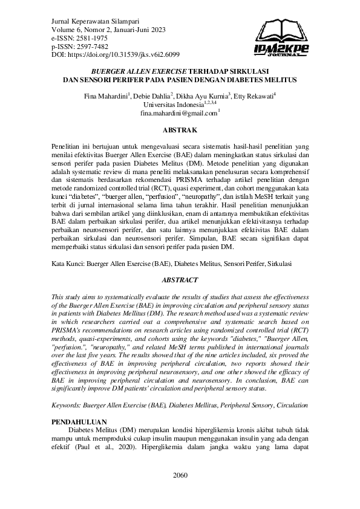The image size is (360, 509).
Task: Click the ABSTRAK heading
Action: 180,130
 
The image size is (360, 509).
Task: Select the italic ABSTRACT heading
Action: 180,280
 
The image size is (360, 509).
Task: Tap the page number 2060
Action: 180,475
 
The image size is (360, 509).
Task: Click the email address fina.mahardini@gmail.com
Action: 178,113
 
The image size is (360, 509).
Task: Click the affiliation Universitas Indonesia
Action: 177,105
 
